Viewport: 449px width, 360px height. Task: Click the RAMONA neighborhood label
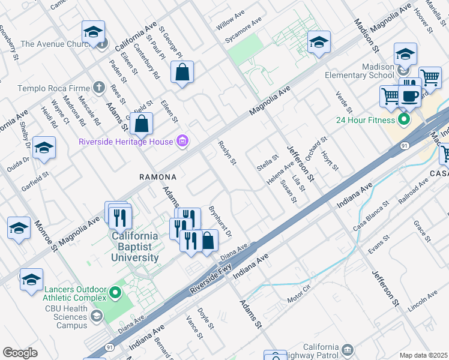point(158,177)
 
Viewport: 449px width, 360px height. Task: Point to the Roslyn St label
point(228,152)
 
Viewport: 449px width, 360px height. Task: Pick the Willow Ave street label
point(231,24)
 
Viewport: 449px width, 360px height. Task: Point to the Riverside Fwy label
point(209,281)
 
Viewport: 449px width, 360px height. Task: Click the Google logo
point(20,352)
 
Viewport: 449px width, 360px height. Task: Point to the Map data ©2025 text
point(423,355)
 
